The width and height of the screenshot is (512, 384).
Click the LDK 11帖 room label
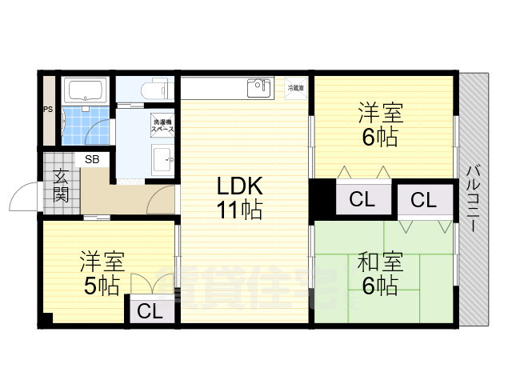[239, 198]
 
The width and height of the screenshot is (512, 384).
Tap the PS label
[48, 110]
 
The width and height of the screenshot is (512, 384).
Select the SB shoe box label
[93, 159]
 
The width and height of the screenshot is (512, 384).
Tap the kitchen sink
[261, 86]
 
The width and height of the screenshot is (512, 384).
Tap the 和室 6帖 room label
[378, 274]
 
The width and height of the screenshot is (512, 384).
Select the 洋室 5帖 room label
[101, 273]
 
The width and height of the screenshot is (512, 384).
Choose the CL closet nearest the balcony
[424, 200]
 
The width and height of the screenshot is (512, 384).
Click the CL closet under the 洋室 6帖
[362, 199]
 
